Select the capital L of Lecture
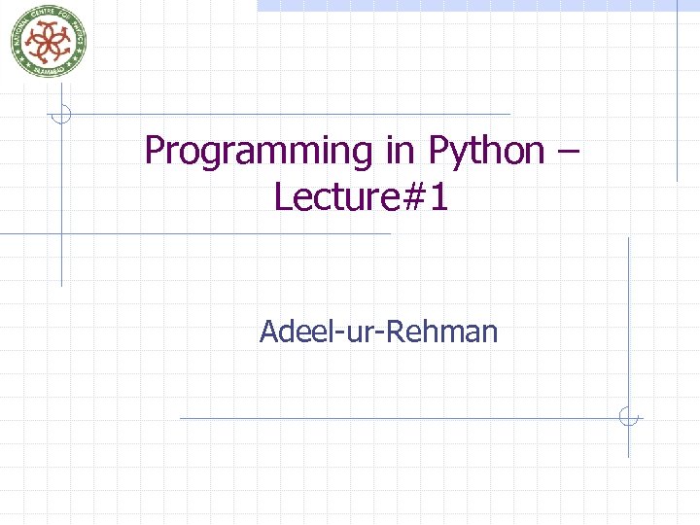tap(283, 196)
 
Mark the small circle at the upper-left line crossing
tap(61, 114)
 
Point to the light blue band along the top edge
tap(467, 5)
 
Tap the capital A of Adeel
tap(268, 332)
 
